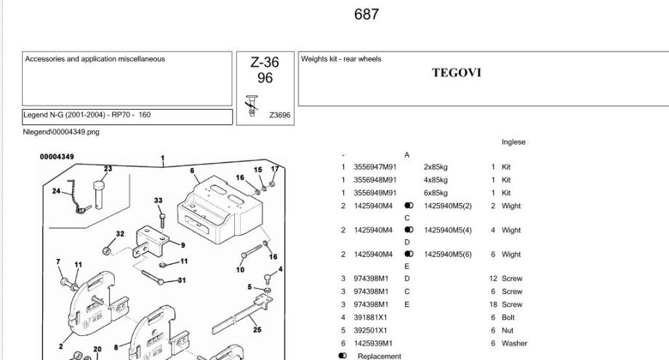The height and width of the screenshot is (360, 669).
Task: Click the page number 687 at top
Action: (x=366, y=15)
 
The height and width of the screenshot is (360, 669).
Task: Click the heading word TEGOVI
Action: (x=457, y=73)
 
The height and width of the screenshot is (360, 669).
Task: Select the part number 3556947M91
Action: (x=374, y=167)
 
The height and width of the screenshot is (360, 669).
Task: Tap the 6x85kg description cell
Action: (x=436, y=193)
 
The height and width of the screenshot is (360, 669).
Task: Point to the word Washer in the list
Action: (x=514, y=343)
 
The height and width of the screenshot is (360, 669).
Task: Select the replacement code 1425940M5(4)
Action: (x=448, y=231)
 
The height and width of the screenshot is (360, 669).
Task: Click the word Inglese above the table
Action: (x=513, y=143)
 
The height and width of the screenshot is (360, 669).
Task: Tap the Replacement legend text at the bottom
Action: (x=379, y=356)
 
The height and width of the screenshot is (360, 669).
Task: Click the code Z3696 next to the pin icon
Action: (x=280, y=114)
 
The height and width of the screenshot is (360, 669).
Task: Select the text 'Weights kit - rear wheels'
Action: (x=341, y=59)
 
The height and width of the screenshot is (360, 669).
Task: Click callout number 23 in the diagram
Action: (x=108, y=169)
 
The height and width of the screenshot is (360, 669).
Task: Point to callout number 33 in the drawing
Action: (x=159, y=200)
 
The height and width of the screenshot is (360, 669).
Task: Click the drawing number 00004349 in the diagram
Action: (x=57, y=157)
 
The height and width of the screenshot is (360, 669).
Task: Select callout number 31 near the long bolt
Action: (x=181, y=281)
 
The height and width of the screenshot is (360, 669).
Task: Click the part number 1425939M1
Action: (x=372, y=343)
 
